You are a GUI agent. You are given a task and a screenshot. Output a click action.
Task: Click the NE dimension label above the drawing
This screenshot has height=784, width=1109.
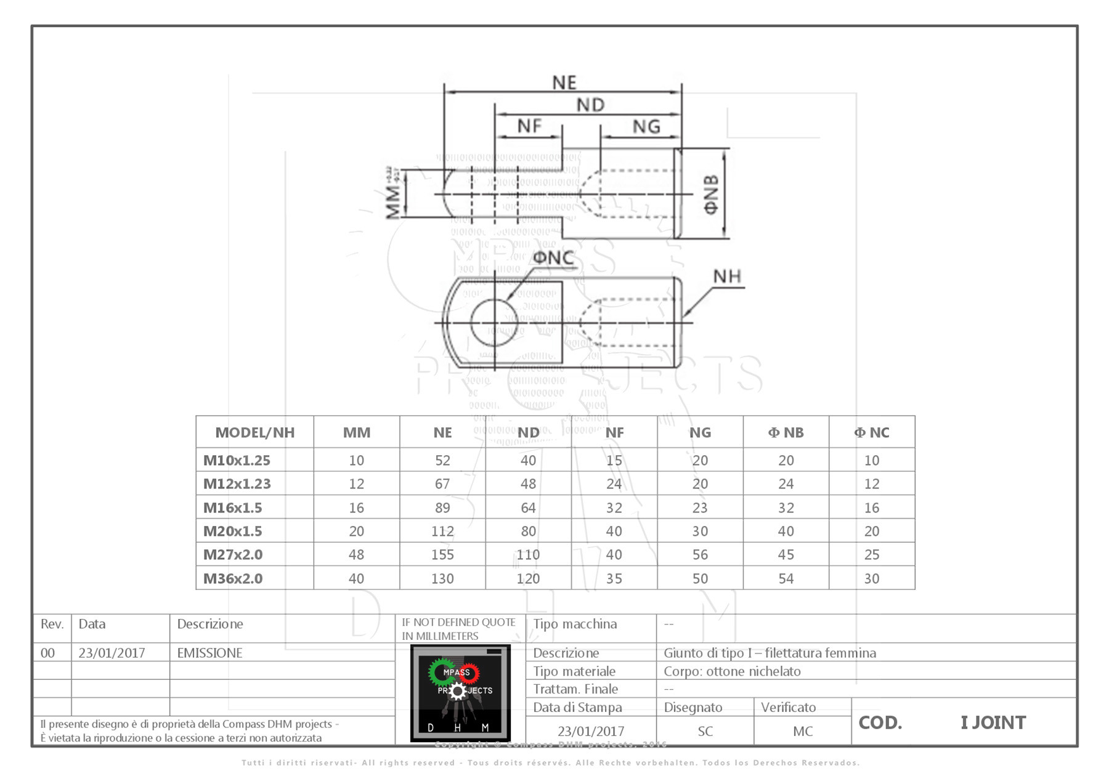564,83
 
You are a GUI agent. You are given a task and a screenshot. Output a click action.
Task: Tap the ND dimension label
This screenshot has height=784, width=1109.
590,105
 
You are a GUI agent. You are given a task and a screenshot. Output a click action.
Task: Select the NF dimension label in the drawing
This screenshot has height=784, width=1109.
529,126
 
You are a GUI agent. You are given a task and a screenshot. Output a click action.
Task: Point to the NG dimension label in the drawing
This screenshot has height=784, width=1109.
646,126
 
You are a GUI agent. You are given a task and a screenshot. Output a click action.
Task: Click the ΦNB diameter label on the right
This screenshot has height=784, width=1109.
711,194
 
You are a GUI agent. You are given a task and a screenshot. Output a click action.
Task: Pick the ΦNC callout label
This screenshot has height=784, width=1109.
553,257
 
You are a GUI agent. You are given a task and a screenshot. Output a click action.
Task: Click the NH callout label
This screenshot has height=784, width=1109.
727,277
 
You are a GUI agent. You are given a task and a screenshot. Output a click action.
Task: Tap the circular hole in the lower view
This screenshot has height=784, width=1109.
494,322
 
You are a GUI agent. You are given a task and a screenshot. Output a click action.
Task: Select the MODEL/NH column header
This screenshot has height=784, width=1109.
254,432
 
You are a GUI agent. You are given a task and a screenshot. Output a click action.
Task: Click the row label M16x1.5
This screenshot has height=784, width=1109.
233,507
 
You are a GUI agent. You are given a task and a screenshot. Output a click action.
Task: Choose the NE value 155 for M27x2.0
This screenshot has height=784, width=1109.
442,554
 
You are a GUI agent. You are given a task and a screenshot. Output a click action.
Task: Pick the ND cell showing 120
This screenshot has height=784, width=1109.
528,578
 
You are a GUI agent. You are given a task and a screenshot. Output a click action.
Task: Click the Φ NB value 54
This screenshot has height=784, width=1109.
786,578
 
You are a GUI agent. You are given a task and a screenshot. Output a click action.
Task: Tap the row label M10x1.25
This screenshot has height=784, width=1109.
237,460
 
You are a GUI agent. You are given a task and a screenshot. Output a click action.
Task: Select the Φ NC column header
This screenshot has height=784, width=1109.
871,432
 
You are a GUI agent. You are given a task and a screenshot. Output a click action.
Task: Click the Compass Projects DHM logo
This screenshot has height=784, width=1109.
460,693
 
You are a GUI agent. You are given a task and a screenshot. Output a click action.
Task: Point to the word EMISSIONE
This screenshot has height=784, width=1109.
209,653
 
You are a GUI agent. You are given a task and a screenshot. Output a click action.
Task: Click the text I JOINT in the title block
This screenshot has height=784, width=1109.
993,722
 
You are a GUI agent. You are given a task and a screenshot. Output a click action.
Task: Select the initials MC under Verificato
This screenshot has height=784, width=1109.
802,731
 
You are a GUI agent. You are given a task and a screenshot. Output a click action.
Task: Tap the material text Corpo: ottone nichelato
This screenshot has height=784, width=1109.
732,671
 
